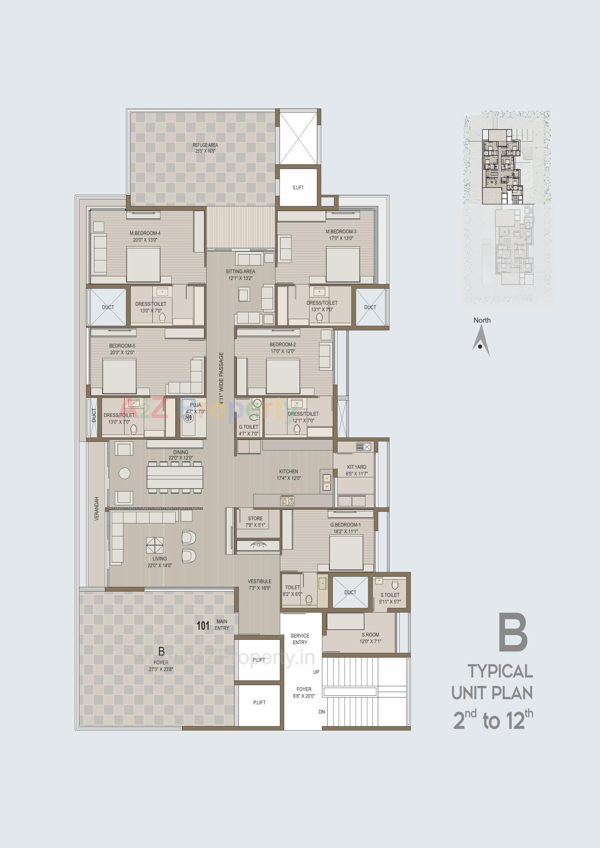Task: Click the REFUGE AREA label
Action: click(x=205, y=145)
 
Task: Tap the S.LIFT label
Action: click(x=298, y=188)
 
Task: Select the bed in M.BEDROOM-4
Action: click(x=143, y=265)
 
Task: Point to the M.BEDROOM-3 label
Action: click(x=341, y=231)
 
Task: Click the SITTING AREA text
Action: click(x=240, y=271)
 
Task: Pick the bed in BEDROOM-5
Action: click(x=119, y=376)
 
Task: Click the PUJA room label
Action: click(x=196, y=405)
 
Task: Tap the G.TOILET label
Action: click(x=248, y=427)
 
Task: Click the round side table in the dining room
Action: click(x=124, y=473)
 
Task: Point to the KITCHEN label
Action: click(x=289, y=472)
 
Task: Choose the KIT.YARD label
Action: click(x=357, y=467)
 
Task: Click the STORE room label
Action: click(x=255, y=519)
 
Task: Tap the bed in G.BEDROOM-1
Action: click(x=346, y=552)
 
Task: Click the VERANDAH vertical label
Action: click(x=97, y=509)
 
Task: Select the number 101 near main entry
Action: click(x=203, y=626)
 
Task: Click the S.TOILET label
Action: click(x=390, y=595)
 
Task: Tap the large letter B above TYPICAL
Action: click(x=513, y=633)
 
